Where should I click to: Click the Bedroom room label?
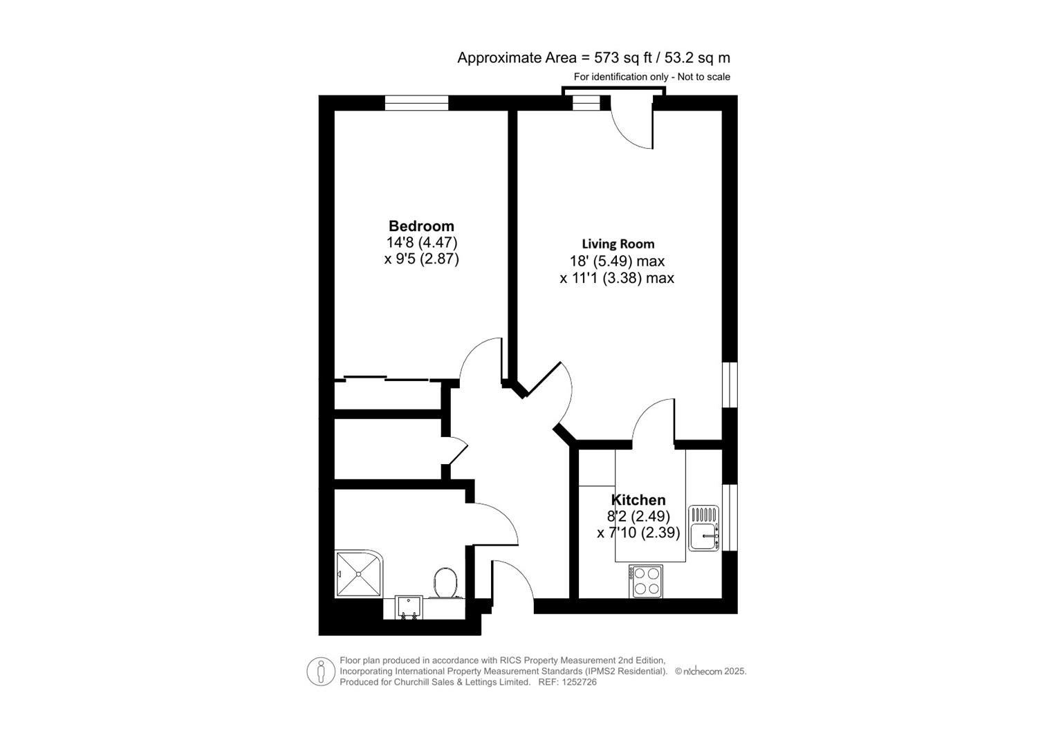click(x=421, y=226)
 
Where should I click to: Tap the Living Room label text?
click(x=618, y=244)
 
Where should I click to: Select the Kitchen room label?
click(x=638, y=500)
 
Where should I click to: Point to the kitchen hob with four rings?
click(x=646, y=582)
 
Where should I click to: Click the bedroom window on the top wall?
click(x=416, y=103)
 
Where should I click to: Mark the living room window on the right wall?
click(x=730, y=385)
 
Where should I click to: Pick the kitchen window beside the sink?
click(x=730, y=517)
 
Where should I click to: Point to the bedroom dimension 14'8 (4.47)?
click(x=421, y=243)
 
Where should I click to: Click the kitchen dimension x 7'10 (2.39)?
click(x=638, y=533)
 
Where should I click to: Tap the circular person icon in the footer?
click(x=321, y=671)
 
